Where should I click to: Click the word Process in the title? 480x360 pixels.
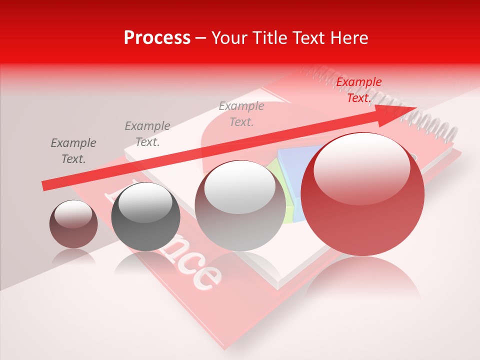pos(157,38)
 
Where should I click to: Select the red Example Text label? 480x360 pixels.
pos(358,90)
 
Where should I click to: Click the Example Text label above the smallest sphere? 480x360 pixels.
pos(73,151)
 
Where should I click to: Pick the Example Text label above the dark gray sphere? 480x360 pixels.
pos(147,134)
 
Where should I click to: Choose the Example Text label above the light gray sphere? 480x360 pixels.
pos(241,114)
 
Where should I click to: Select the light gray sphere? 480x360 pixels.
pos(239,210)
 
